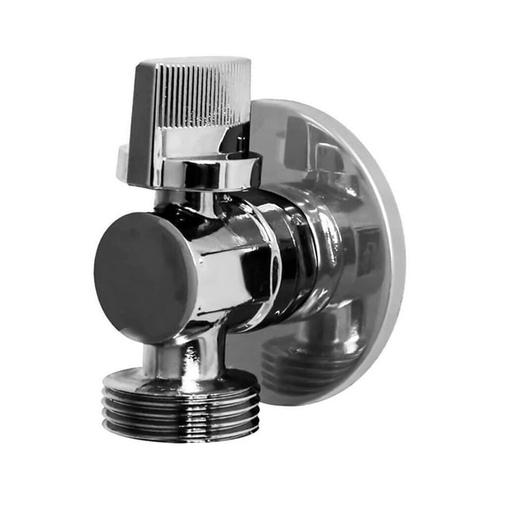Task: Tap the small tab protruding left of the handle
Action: click(123, 162)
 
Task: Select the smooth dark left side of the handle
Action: click(143, 111)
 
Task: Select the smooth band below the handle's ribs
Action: click(190, 143)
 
